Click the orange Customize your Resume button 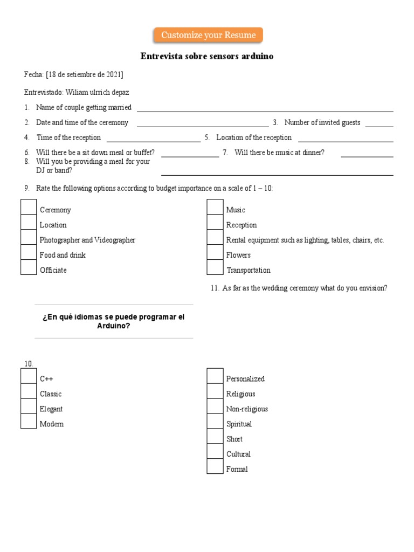[209, 36]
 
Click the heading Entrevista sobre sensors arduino [207, 56]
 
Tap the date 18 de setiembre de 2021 [85, 74]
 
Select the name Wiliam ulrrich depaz [97, 92]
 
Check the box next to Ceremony [29, 207]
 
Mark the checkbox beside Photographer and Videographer [29, 237]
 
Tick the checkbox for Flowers [215, 252]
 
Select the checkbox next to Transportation [215, 267]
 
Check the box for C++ [29, 376]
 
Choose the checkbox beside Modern [29, 421]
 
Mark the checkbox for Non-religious [215, 406]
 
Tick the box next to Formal [215, 466]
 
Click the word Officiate [53, 270]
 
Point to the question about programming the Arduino [113, 321]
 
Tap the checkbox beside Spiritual [215, 421]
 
